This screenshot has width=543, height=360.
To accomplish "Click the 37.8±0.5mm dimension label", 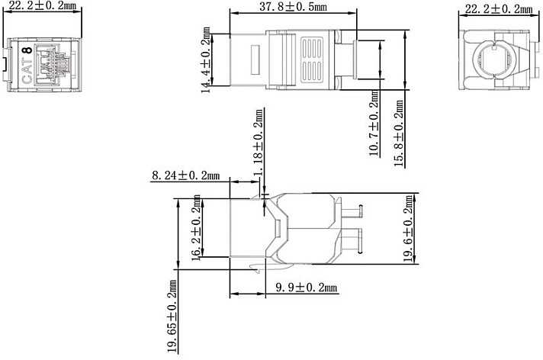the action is pyautogui.click(x=293, y=7).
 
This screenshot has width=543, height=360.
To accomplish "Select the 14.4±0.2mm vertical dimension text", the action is pyautogui.click(x=206, y=60).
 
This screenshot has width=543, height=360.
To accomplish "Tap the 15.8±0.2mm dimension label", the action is pyautogui.click(x=399, y=133).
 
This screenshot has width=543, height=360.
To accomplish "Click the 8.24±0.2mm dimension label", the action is pyautogui.click(x=185, y=175).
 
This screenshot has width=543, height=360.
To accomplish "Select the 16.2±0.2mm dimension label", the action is pyautogui.click(x=196, y=227).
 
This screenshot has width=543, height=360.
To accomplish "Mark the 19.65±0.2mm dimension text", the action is pyautogui.click(x=172, y=317).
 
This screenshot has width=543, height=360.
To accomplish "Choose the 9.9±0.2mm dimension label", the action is pyautogui.click(x=307, y=288).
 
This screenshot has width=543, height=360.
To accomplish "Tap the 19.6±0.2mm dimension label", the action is pyautogui.click(x=409, y=229).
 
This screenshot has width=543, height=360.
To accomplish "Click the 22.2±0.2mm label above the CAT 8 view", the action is pyautogui.click(x=42, y=6).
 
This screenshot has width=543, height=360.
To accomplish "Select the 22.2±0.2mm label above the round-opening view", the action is pyautogui.click(x=498, y=8).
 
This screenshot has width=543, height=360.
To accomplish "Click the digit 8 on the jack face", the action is pyautogui.click(x=27, y=50).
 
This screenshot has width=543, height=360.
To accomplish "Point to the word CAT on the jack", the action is pyautogui.click(x=27, y=71).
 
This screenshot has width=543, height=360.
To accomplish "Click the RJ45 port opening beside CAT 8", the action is pyautogui.click(x=53, y=64).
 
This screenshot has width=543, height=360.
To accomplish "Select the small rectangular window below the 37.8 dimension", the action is pyautogui.click(x=255, y=59).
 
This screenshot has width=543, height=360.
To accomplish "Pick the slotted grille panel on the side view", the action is pyautogui.click(x=313, y=59).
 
